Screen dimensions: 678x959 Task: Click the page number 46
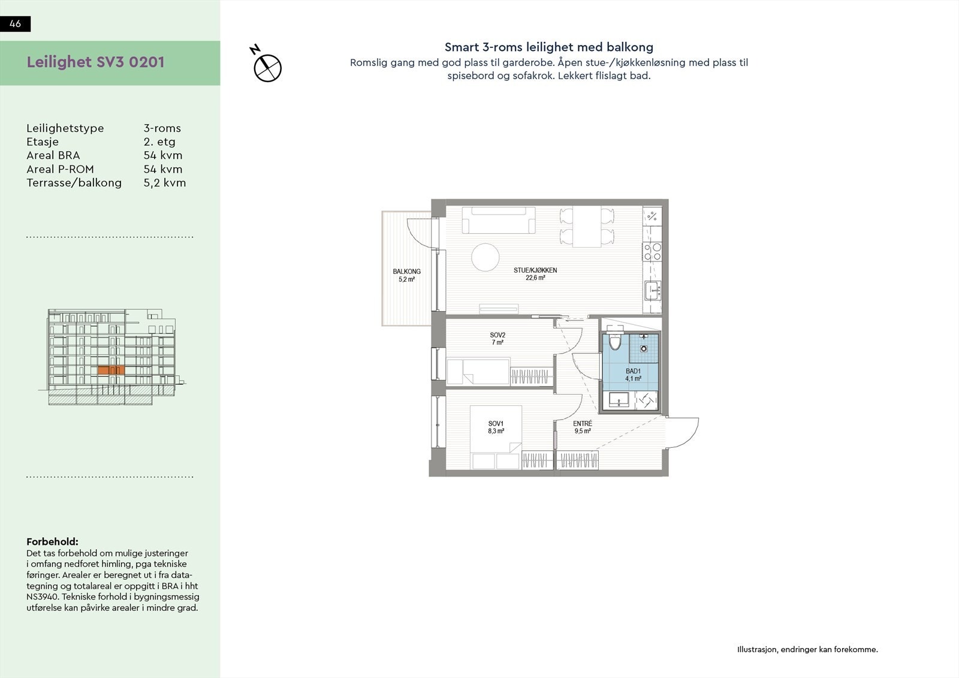coord(16,24)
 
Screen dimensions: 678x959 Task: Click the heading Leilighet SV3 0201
coord(95,62)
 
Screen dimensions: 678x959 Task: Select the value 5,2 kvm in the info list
coord(164,183)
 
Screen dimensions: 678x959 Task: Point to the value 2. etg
coord(159,142)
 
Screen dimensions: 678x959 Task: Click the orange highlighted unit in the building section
coord(110,371)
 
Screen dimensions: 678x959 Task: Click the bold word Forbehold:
coord(52,542)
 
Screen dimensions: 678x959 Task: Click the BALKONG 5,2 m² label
coord(406,275)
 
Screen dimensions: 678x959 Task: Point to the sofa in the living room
coord(499,221)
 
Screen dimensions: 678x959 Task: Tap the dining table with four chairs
coord(587,226)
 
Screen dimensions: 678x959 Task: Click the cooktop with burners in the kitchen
coord(652,251)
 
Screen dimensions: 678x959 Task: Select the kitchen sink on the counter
coord(652,291)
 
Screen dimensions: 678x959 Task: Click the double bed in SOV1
coord(496,438)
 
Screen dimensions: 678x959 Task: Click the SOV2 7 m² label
coord(497,339)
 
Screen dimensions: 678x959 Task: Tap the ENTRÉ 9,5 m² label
coord(583,427)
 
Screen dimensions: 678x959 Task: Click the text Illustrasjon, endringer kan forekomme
coord(807,649)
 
